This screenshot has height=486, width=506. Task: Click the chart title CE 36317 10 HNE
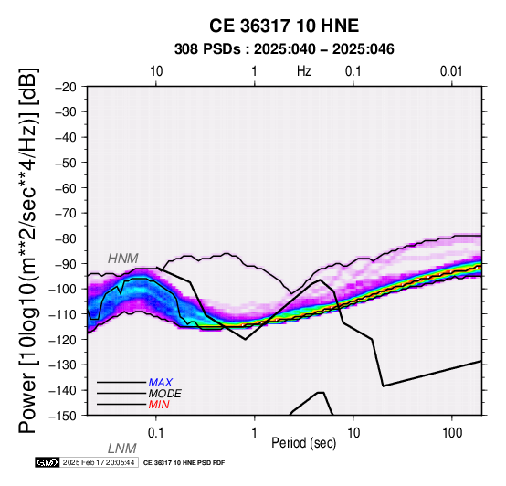(284, 26)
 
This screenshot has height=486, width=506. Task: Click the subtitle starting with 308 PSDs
(284, 49)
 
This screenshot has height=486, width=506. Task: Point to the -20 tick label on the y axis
(66, 87)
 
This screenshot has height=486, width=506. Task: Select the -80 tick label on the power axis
(66, 238)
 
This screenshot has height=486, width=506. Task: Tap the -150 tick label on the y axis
(63, 416)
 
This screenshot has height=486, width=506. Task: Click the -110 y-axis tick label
(63, 314)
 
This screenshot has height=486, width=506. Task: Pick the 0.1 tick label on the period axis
(156, 433)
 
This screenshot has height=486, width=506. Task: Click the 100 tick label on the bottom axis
(452, 433)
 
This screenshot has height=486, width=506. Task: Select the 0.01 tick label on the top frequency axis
(451, 71)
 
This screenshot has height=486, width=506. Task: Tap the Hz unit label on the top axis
(304, 71)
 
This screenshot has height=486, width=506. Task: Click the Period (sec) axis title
(303, 443)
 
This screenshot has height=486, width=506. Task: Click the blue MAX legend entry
(161, 383)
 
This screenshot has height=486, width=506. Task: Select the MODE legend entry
(165, 394)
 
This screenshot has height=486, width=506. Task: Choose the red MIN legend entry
(159, 405)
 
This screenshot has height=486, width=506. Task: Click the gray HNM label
(123, 259)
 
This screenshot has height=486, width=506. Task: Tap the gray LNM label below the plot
(122, 449)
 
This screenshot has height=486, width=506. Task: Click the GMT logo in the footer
(47, 463)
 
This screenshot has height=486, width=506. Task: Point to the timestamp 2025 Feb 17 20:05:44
(99, 463)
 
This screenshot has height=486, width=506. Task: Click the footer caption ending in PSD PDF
(184, 463)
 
